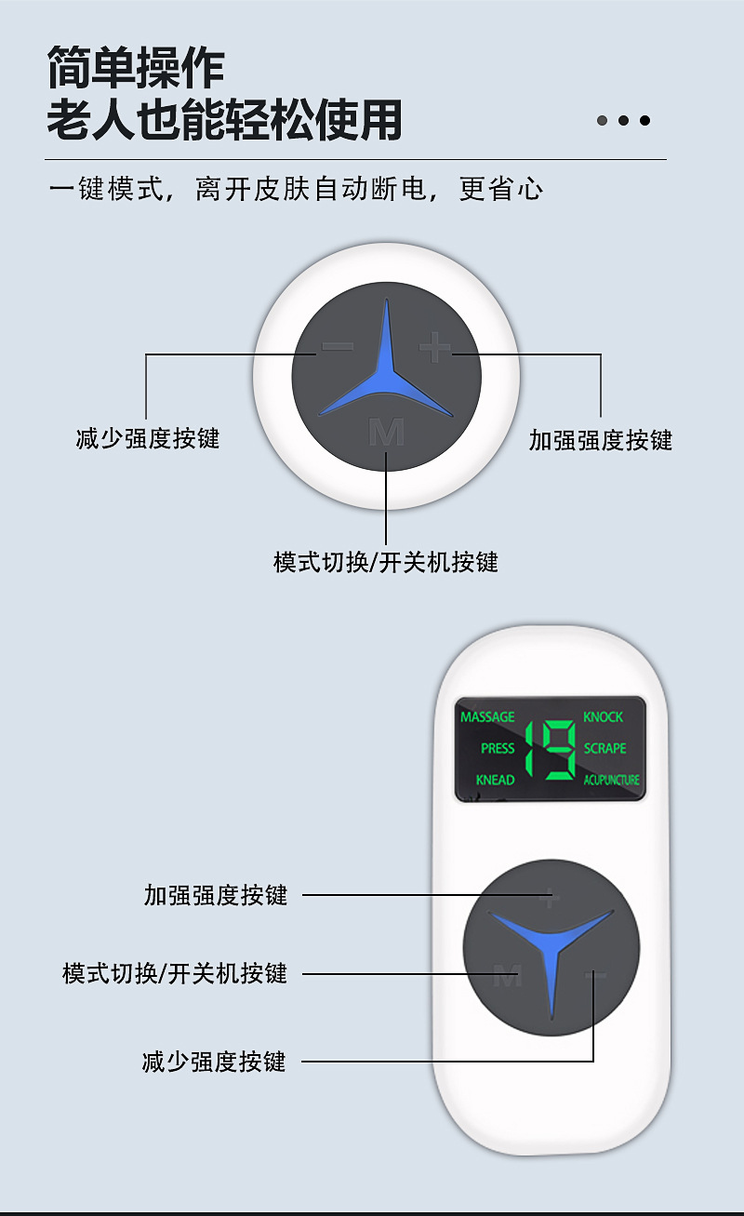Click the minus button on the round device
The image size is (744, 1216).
click(x=337, y=348)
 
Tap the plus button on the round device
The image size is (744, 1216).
click(x=434, y=349)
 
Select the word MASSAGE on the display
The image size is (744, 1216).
click(x=487, y=716)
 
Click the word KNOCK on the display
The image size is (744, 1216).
click(x=603, y=716)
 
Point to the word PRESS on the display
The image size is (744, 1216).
click(x=498, y=748)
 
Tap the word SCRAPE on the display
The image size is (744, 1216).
click(x=605, y=748)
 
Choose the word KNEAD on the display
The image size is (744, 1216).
click(x=495, y=780)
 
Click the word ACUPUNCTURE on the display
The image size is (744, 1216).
click(x=611, y=780)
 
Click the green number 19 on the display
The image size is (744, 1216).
click(x=551, y=749)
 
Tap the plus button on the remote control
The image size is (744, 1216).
click(x=550, y=899)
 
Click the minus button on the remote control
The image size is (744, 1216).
click(x=595, y=975)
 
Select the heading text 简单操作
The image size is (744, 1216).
click(x=136, y=69)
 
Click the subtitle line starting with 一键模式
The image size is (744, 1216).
click(x=296, y=190)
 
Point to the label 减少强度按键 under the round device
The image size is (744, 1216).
click(x=148, y=438)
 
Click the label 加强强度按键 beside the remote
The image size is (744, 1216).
click(x=216, y=895)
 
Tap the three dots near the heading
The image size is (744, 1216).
click(x=622, y=120)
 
